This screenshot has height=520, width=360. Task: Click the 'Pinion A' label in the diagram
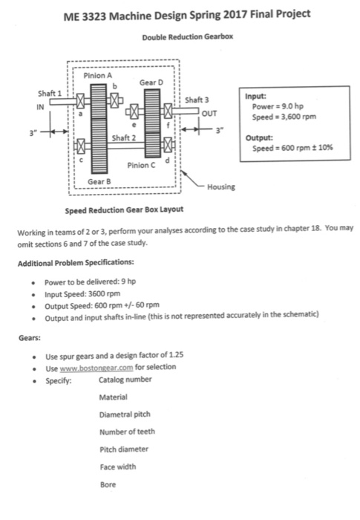tap(99, 75)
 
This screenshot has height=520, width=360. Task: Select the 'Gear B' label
tap(99, 181)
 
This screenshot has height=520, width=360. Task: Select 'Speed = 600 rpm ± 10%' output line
tap(289, 147)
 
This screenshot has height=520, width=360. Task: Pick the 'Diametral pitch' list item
tap(122, 415)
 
